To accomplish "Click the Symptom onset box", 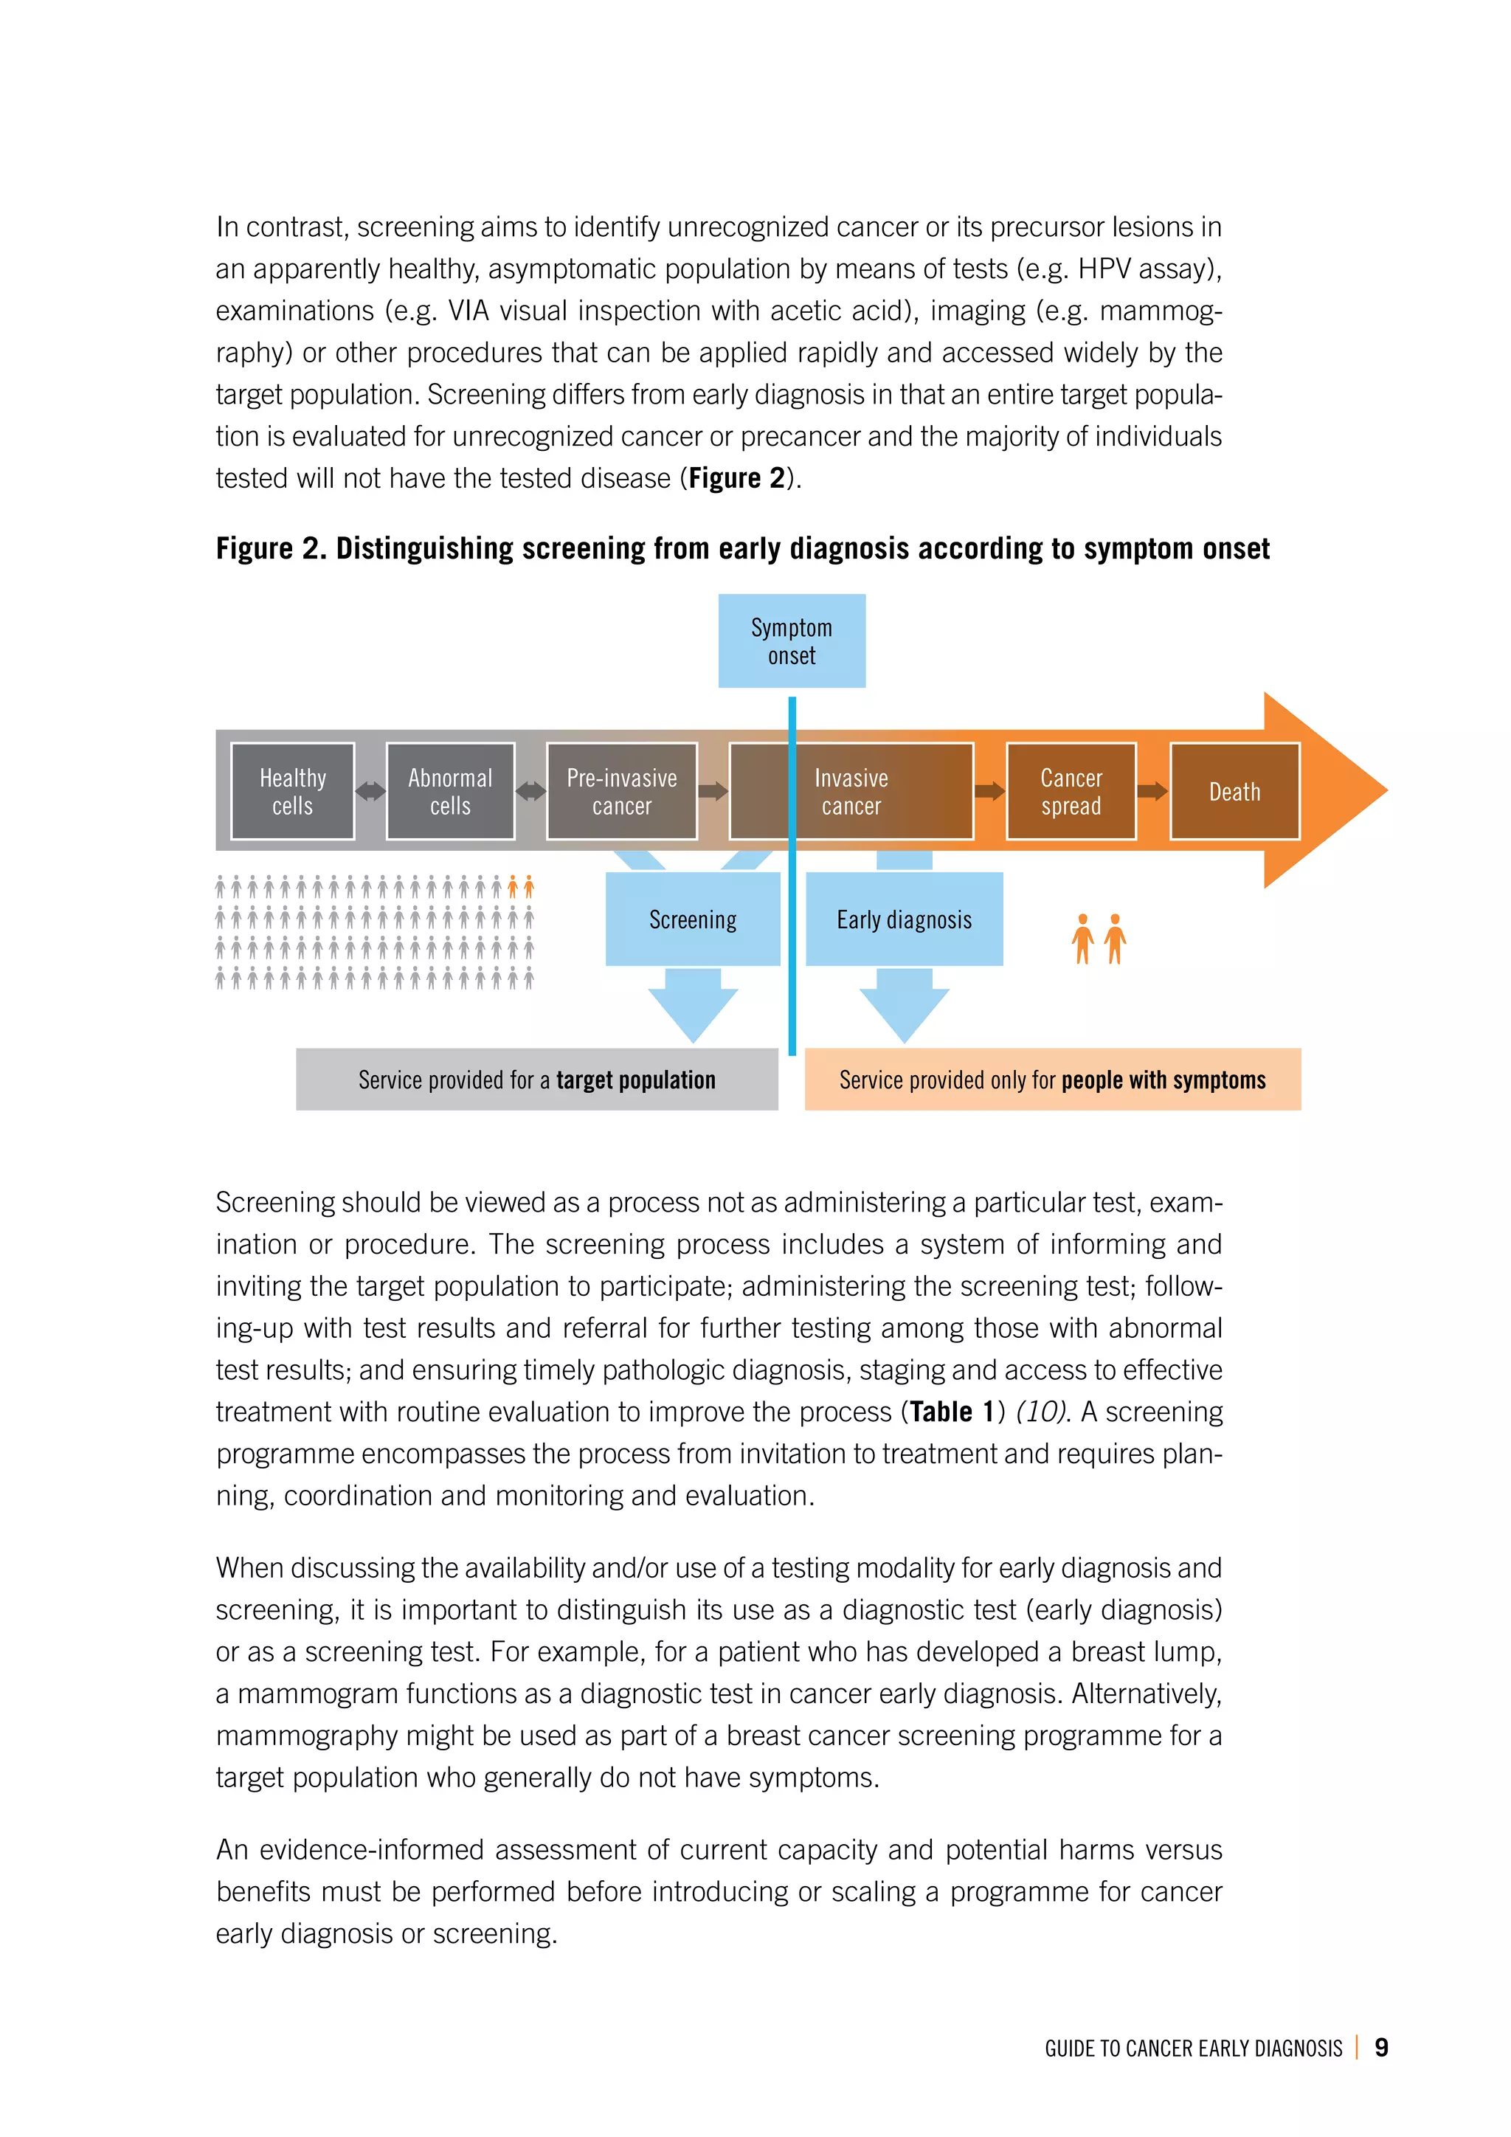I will coord(791,641).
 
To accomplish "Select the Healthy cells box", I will coord(292,791).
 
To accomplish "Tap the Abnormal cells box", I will coord(450,791).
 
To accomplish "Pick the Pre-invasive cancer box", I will coord(621,791).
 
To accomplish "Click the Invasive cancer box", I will coord(851,791).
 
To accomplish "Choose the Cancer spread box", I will coord(1071,791).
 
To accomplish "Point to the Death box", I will coord(1234,791).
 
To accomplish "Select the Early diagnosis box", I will coord(904,919).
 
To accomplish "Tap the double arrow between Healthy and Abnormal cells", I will coord(370,791).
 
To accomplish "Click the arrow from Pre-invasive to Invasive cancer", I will coord(713,791).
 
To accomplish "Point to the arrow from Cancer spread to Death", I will coord(1152,791).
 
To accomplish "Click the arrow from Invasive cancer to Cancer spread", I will coord(989,791).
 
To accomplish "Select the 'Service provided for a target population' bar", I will coord(537,1079).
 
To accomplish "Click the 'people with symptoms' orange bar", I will coord(1052,1079).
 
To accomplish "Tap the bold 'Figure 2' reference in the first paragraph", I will coord(737,477).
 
